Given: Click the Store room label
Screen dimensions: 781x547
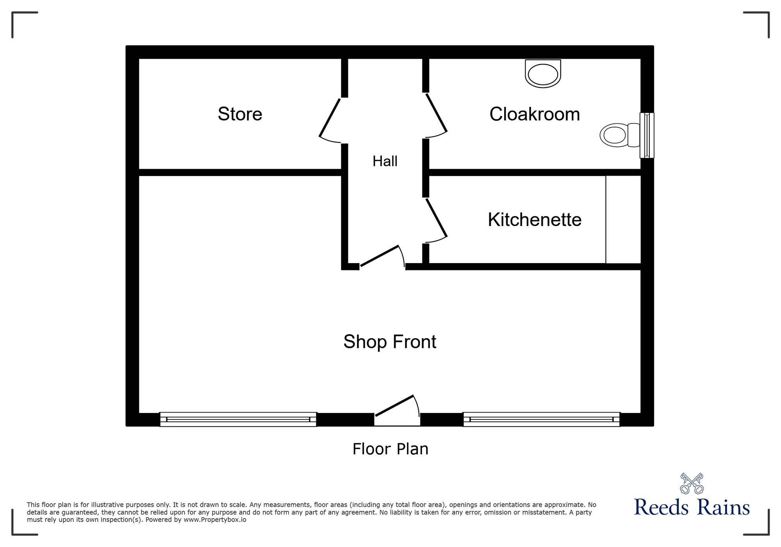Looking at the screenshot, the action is (x=240, y=114).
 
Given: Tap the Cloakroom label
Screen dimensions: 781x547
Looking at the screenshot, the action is (x=535, y=114).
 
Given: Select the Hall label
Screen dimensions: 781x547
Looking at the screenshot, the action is (x=385, y=161).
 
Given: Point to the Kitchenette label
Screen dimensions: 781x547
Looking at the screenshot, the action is (x=535, y=220).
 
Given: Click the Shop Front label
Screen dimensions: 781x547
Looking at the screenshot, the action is (x=390, y=342).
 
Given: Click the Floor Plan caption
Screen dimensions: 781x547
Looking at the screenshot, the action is (x=390, y=449).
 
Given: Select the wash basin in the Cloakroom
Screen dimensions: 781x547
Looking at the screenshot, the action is (x=543, y=74).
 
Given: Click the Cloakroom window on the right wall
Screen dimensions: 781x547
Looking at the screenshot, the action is (x=647, y=135).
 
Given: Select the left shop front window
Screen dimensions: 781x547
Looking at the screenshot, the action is (x=238, y=419).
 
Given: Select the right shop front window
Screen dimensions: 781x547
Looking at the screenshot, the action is (x=541, y=419).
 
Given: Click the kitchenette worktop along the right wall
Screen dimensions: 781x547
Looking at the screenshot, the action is (x=623, y=219).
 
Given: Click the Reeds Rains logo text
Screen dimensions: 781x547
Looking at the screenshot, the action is (x=692, y=507).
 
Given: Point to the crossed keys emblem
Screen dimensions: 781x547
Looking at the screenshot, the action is (x=692, y=484).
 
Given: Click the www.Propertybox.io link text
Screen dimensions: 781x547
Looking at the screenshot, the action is (x=215, y=520).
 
